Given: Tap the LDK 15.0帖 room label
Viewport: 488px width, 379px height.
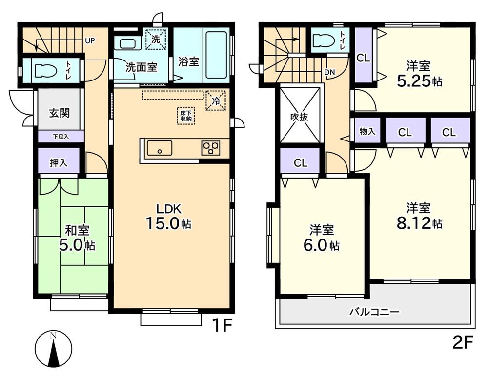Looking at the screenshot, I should [x=169, y=217].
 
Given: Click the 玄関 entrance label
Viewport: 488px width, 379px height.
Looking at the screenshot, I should [x=59, y=113].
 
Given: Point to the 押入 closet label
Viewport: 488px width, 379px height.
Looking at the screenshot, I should [x=59, y=163].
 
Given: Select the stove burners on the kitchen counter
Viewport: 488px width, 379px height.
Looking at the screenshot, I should [x=211, y=148].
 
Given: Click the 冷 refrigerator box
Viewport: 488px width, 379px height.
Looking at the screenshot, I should [x=215, y=101].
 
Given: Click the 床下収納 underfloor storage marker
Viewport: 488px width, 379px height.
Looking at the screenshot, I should [x=185, y=116].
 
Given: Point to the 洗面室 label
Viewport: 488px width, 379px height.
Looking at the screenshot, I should [x=141, y=67].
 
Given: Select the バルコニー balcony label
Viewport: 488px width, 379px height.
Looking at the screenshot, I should [x=375, y=311].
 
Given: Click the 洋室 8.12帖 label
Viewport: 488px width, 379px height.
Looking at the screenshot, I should [x=419, y=216].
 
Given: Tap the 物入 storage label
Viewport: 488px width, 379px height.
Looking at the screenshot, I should [x=367, y=132].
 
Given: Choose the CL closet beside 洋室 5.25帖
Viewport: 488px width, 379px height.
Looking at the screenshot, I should [x=363, y=58].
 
